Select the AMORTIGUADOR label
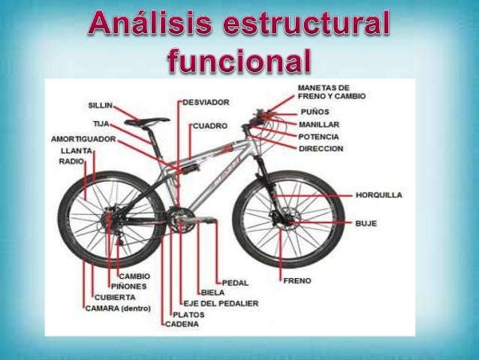[x=83, y=139]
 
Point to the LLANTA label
[x=77, y=150]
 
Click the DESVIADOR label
[x=206, y=101]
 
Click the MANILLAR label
[x=319, y=124]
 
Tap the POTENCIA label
[x=318, y=137]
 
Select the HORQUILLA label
[x=378, y=195]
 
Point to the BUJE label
[x=366, y=223]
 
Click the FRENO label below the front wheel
[x=297, y=280]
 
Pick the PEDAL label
[x=235, y=283]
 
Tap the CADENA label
[x=182, y=324]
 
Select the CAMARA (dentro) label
[x=118, y=308]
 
